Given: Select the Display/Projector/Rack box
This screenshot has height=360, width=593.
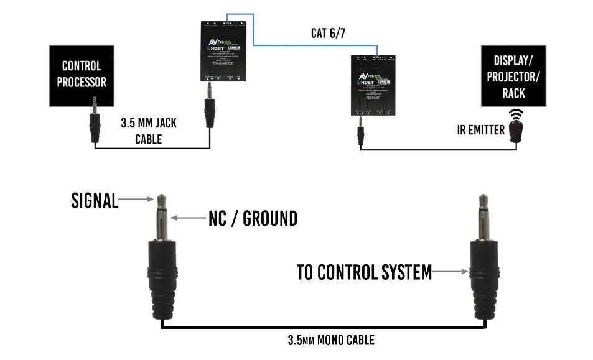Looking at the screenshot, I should point(513,76).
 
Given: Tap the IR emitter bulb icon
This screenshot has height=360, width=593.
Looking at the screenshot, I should point(516,131).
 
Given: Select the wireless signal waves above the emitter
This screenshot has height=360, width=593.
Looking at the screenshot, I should point(516,115).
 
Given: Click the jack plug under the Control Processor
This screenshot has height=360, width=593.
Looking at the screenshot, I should point(94,121).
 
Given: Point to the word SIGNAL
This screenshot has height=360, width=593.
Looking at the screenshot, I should point(95,201).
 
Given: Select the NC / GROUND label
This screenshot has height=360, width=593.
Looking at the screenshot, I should point(252,218).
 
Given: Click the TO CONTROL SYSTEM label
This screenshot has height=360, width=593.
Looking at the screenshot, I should point(364,272).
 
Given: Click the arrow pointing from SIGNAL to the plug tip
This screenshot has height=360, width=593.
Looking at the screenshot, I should point(136,200).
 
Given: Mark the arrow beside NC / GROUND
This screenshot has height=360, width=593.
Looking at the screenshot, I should point(188,218).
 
